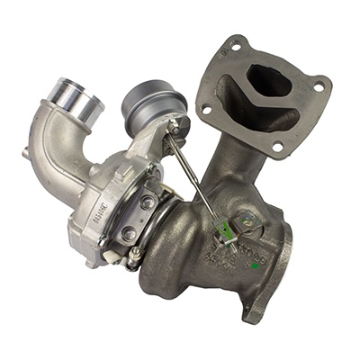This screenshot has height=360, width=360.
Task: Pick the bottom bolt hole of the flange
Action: (277, 146)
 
